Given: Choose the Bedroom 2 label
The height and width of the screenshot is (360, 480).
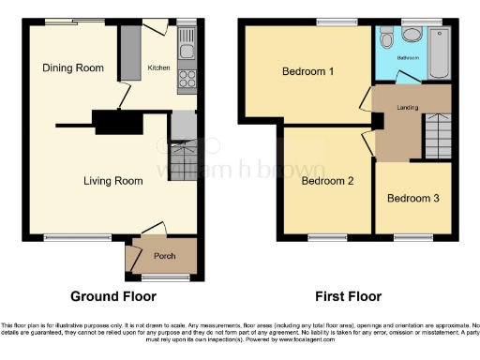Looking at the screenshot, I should point(326,181).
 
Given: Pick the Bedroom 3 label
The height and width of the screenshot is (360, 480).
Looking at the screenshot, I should point(412,198).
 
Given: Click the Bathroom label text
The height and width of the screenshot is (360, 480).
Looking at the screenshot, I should point(409,57).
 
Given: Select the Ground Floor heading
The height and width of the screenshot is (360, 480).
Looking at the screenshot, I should point(109,297).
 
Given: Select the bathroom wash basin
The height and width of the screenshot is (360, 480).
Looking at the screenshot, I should point(386,38).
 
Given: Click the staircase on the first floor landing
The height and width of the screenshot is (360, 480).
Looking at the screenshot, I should point(437,136).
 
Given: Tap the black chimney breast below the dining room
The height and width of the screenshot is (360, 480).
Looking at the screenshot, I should point(116,122).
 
